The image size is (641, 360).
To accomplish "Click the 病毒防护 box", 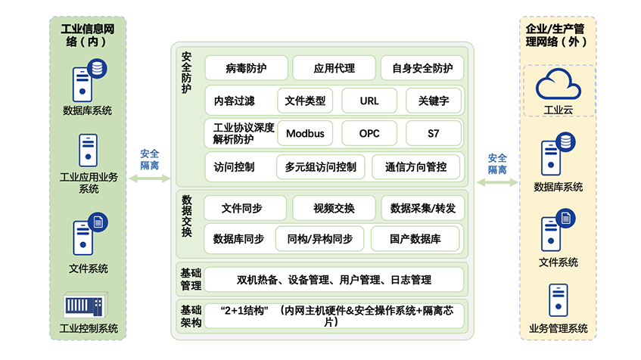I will tap(246, 68).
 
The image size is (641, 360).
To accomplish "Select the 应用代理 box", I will tap(334, 68).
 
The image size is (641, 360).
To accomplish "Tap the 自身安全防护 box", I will tap(422, 68).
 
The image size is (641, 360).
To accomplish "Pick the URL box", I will tap(369, 101).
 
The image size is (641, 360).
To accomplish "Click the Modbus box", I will tap(305, 134).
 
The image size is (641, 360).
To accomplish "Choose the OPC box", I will tap(369, 134).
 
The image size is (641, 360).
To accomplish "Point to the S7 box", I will tap(433, 134).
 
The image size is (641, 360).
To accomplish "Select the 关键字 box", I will tap(433, 101).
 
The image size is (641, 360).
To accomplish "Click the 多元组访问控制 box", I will tap(321, 166).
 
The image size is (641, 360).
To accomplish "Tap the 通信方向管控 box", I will tap(415, 166).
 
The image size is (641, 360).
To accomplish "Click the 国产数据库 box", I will tap(415, 239).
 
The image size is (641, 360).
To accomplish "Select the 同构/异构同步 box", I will tap(319, 239).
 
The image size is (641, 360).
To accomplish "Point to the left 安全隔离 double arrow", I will tap(150, 179).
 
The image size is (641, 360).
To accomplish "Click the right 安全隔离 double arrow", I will tap(497, 182).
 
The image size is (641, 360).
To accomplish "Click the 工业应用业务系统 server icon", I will tap(89, 150).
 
